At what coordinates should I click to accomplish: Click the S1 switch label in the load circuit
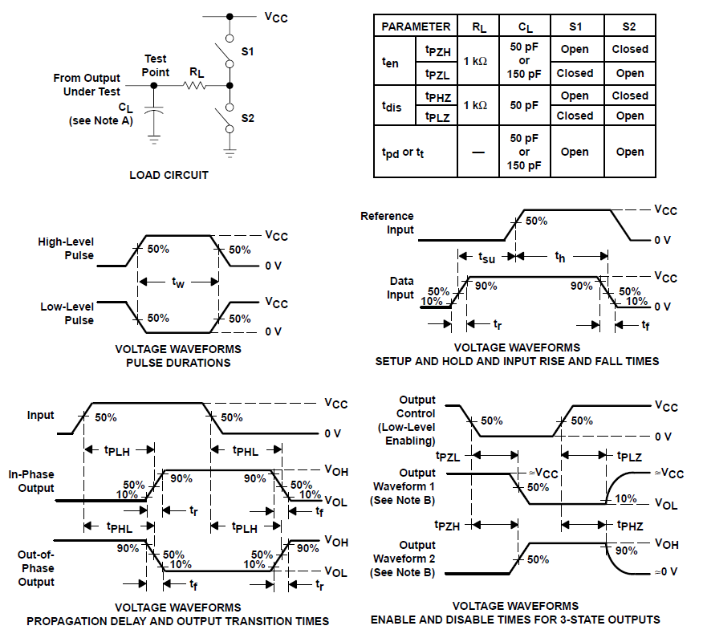click(x=247, y=51)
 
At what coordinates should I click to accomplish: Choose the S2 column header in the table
click(x=630, y=26)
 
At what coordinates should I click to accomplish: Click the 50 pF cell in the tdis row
click(x=525, y=105)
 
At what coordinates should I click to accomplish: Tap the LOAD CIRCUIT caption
click(x=169, y=175)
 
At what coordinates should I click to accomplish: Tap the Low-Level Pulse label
click(x=67, y=313)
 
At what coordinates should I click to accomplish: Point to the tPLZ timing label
click(x=629, y=457)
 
